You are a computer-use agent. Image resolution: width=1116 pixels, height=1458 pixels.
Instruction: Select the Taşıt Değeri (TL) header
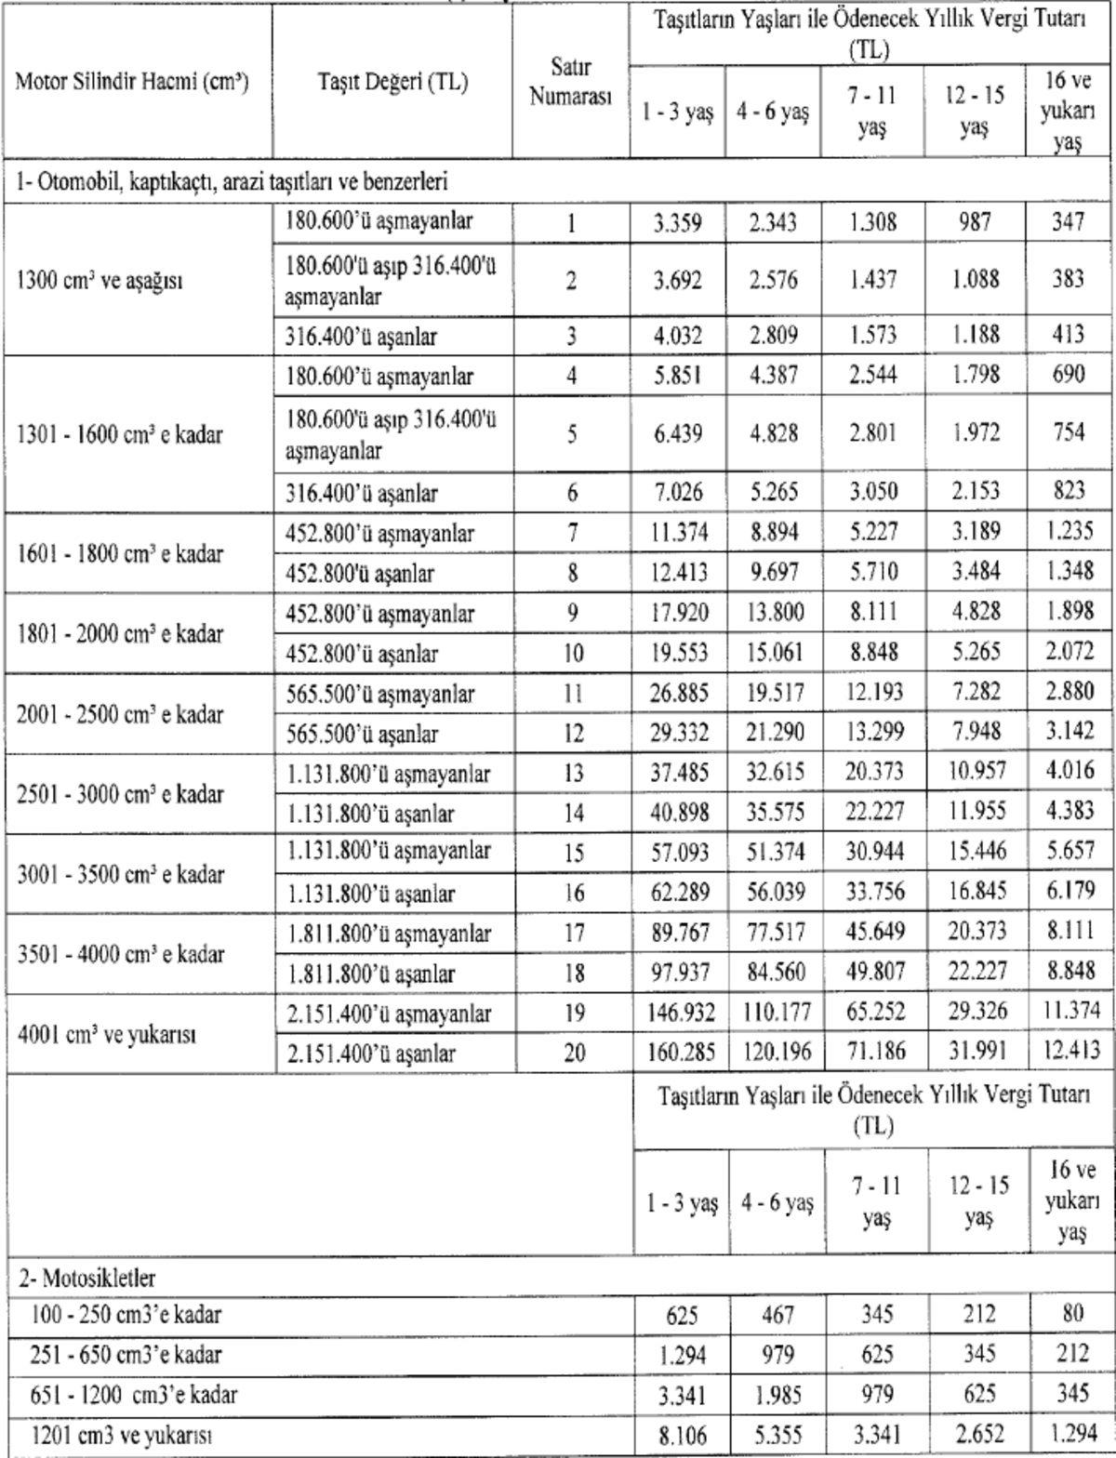coord(392,82)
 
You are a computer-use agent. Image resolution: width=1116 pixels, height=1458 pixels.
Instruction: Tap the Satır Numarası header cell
coord(571,82)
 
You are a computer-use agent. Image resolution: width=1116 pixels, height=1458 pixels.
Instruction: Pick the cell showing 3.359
coord(678,223)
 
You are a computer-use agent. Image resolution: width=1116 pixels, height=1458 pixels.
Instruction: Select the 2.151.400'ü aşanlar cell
coord(371,1054)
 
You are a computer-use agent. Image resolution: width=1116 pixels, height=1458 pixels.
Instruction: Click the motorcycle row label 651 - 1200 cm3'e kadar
coord(126,1394)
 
